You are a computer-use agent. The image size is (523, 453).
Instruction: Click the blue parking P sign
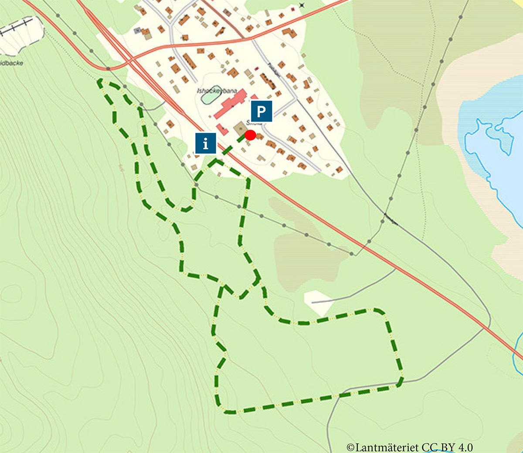[x=261, y=112]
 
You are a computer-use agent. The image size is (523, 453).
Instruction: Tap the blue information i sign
[x=206, y=143]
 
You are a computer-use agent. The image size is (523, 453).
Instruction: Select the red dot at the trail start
[x=250, y=135]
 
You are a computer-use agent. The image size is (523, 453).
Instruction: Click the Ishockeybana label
[x=217, y=91]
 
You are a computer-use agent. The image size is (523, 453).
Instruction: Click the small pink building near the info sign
[x=222, y=129]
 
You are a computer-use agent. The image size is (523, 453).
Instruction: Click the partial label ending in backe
[x=11, y=63]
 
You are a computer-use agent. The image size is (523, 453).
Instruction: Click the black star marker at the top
[x=302, y=6]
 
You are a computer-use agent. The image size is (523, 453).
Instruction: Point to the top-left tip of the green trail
[x=100, y=81]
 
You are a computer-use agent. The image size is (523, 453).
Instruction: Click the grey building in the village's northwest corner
[x=138, y=30]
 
